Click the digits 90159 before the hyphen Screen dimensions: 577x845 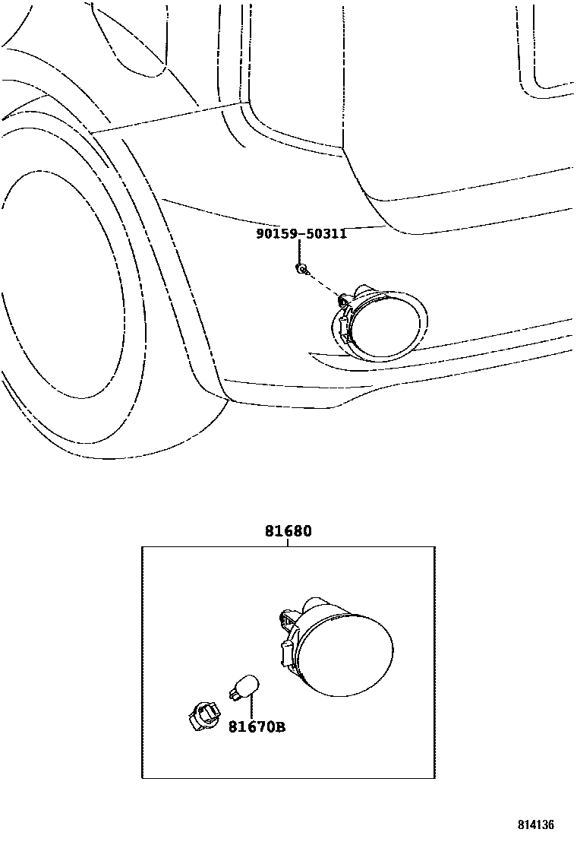coord(276,234)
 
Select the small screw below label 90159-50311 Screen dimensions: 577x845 coord(301,268)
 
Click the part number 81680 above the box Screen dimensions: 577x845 coord(288,531)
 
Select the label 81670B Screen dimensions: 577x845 coord(257,727)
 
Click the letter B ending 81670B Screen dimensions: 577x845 coord(280,727)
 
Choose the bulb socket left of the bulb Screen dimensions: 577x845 coord(202,714)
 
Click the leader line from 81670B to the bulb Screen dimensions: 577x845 coord(250,704)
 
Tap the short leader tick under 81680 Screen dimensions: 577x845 coord(288,543)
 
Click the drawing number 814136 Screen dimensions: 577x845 coord(537,824)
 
